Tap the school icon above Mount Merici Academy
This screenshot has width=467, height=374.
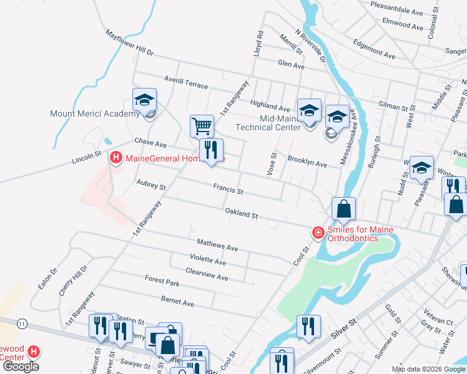(x=144, y=100)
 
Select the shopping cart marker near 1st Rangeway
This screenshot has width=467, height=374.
(x=202, y=126)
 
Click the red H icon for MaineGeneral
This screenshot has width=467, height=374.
(x=116, y=158)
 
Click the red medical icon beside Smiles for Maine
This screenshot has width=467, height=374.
(x=318, y=233)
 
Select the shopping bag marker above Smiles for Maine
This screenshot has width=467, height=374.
(x=343, y=209)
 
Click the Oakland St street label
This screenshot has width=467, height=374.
(x=242, y=214)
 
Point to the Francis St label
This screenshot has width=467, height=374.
(x=228, y=187)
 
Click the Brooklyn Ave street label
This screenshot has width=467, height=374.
(x=307, y=162)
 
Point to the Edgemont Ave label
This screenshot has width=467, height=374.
(x=375, y=49)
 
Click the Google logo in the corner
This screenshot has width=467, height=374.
(x=21, y=366)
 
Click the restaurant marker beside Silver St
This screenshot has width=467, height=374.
(x=308, y=326)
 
